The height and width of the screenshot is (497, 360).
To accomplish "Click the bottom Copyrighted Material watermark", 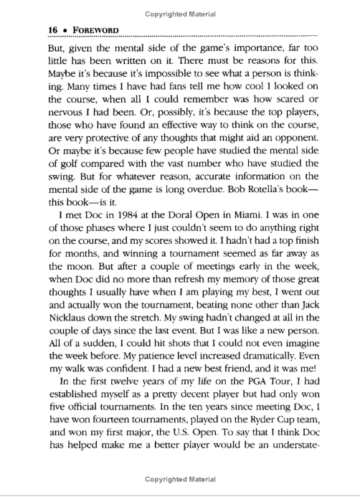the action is coord(179,479).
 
